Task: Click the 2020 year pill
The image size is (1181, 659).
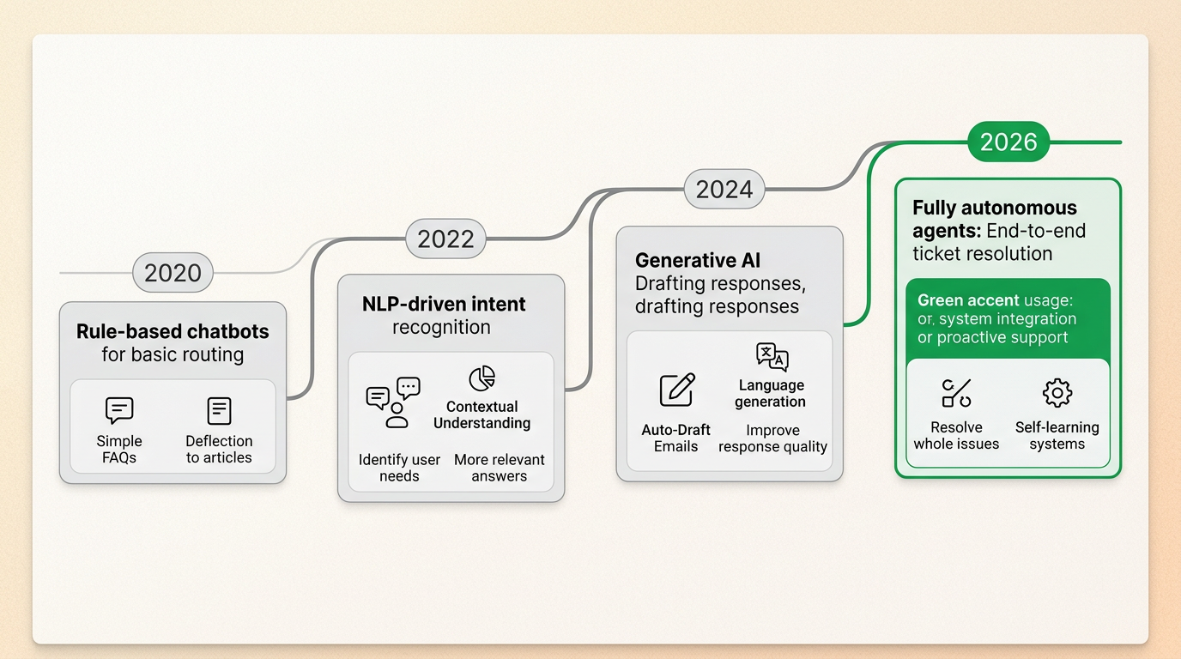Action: pos(173,273)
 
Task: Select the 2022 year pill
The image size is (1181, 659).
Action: pos(445,239)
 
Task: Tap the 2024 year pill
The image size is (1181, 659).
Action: pos(724,189)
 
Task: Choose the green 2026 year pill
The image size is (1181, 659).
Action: pos(1008,142)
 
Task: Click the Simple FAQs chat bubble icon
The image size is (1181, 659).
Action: pos(119,410)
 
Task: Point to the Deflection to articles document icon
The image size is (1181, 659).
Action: pos(219,410)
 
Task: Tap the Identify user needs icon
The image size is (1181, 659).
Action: pos(393,402)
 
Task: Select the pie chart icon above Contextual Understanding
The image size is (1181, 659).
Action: pos(481,378)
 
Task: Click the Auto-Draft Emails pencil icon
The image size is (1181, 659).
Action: pos(676,390)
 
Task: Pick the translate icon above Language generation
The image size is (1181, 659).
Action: pos(772,356)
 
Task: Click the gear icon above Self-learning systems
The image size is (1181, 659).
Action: pos(1057,393)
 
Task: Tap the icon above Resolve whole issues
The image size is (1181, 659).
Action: pos(956,393)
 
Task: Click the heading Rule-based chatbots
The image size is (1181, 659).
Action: pos(173,331)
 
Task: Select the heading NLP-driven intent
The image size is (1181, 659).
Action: pos(444,304)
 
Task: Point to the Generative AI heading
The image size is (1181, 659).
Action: pos(697,260)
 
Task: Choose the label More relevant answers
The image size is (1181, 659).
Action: pos(499,468)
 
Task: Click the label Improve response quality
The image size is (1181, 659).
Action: pos(772,438)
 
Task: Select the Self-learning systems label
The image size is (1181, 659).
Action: pos(1057,435)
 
